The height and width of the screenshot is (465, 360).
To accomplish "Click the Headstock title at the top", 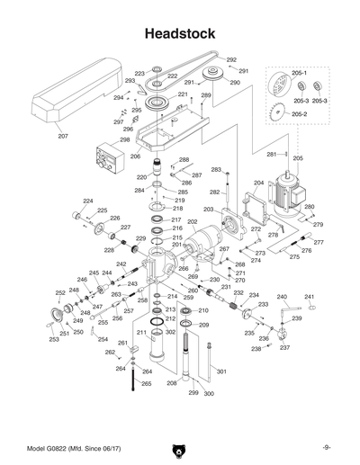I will pos(179,33).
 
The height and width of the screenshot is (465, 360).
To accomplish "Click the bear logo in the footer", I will pos(179,448).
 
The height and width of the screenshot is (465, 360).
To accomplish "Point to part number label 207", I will pos(62,136).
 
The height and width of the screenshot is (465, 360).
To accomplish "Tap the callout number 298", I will pos(124,139).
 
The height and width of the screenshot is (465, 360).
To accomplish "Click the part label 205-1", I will pos(300,73).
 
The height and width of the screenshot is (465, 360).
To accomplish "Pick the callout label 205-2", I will pos(300,114).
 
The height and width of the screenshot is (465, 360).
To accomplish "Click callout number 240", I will pos(281,297).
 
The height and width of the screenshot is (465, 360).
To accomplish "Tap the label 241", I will pos(310,297).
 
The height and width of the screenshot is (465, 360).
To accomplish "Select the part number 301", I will pos(221,371).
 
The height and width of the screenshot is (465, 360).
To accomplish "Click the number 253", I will pos(54,341).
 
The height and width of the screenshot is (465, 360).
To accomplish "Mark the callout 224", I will pos(88,200).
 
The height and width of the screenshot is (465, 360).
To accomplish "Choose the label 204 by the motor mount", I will pos(258,183).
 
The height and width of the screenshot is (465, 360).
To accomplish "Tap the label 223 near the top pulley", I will pos(139,73).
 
